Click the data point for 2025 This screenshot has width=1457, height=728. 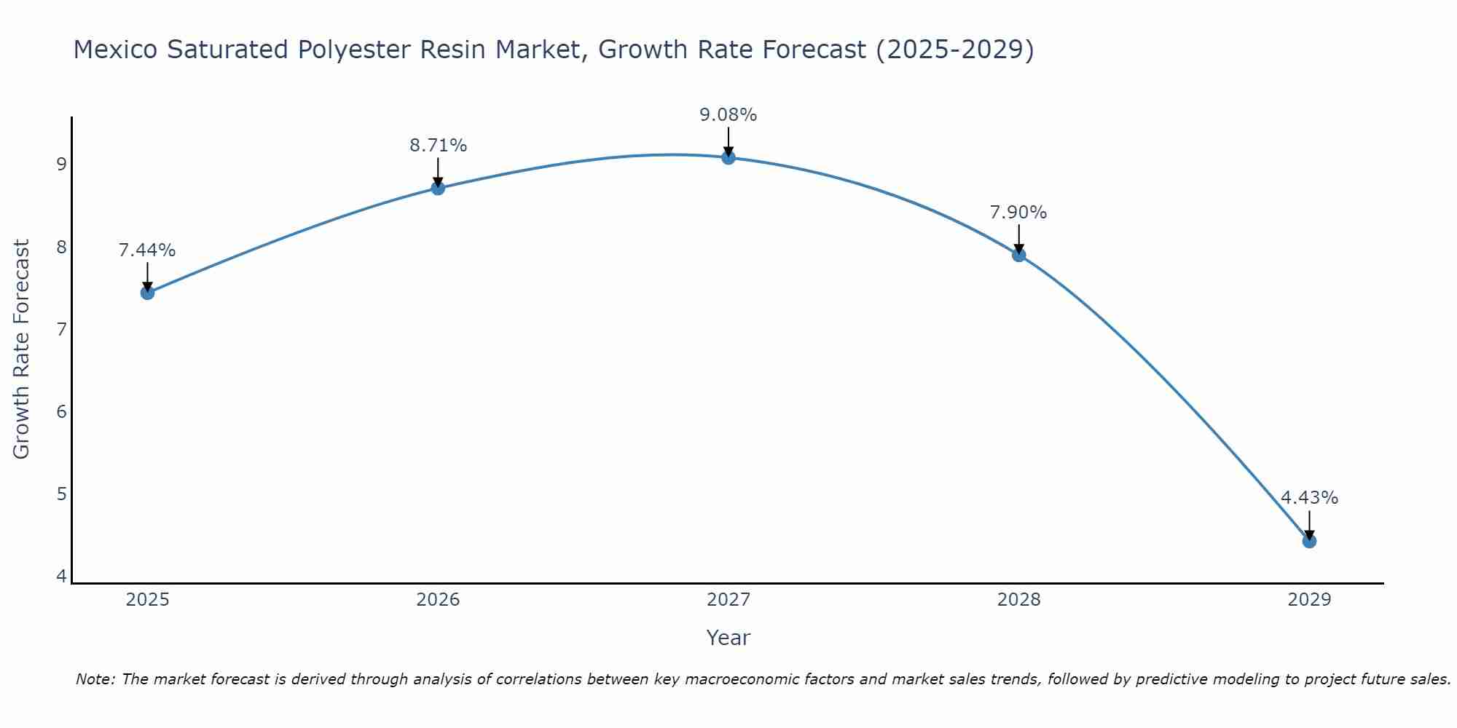[x=147, y=293]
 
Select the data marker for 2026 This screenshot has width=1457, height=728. [x=438, y=188]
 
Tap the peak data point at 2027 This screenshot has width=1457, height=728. [x=728, y=157]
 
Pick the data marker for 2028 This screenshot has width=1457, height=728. [x=1018, y=255]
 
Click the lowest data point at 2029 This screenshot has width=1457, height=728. [x=1309, y=541]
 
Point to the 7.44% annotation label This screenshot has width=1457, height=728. [x=147, y=250]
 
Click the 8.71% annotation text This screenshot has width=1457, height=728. [x=438, y=146]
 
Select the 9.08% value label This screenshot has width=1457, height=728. [x=728, y=115]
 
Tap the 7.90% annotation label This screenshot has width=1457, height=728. [x=1018, y=213]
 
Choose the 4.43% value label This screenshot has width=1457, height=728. [x=1309, y=498]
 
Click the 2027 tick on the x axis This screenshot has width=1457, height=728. [x=728, y=600]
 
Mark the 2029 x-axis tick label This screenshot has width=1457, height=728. [x=1309, y=600]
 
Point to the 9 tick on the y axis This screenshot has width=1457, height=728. [x=61, y=165]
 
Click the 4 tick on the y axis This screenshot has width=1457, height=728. [x=61, y=577]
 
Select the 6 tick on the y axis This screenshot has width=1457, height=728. [x=61, y=412]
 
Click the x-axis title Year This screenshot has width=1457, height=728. [x=728, y=638]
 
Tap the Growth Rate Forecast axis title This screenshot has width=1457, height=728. [x=22, y=349]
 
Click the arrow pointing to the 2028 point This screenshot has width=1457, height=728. [x=1018, y=239]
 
